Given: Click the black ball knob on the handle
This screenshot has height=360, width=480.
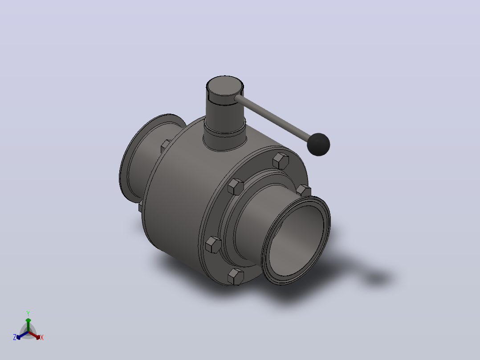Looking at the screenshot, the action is point(318,145).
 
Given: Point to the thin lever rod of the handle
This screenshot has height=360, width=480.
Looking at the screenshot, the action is point(273,118).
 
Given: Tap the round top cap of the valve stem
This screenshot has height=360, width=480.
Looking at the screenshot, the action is point(225,86).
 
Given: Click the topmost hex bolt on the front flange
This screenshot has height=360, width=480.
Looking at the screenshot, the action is point(281,161).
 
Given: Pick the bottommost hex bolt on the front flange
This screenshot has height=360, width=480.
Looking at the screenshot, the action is point(236,277).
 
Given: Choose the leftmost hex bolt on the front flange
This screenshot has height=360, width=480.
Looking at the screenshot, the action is point(213,245).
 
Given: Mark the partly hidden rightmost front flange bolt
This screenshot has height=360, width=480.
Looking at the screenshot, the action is point(304,190).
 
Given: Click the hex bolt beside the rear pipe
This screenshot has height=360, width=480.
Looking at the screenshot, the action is point(166,146).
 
